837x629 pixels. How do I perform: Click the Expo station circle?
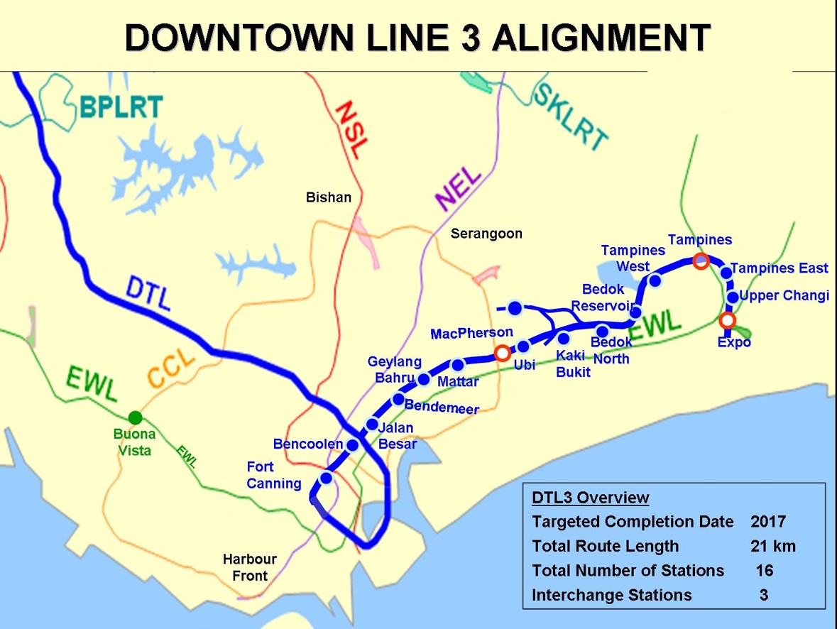[727, 320]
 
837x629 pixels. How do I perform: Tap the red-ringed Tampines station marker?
[701, 261]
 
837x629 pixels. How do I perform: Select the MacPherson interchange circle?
[502, 352]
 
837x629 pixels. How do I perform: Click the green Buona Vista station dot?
[135, 417]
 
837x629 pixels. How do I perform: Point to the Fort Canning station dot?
[326, 478]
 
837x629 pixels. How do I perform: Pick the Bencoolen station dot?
[351, 444]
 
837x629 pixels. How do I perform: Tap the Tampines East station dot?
[726, 273]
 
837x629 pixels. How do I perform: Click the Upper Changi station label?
[784, 295]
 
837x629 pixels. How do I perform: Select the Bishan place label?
[329, 197]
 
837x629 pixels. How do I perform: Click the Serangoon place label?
[486, 234]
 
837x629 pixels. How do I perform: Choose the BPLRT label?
[121, 106]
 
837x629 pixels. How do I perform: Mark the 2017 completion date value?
[768, 522]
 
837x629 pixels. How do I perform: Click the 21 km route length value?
[773, 546]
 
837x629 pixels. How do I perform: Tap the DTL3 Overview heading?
[590, 498]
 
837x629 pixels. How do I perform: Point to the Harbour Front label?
[250, 567]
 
